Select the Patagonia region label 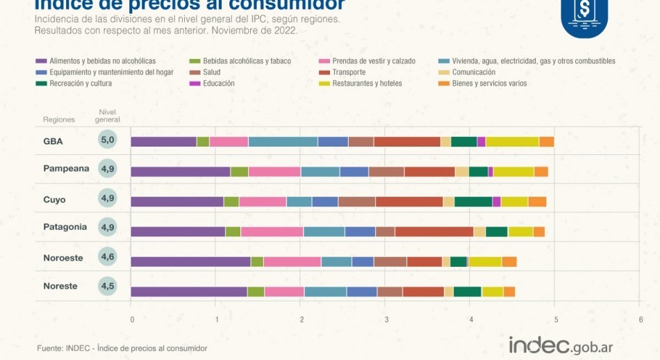[65, 227]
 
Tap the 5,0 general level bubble [108, 140]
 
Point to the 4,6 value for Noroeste [108, 257]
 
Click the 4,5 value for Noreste [108, 286]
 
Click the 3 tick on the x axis [386, 320]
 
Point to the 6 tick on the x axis [641, 320]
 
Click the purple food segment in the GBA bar [163, 142]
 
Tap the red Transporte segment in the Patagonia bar [434, 232]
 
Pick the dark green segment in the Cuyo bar [473, 202]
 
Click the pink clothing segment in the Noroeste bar [292, 261]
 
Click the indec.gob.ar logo [561, 345]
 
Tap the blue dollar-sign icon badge [584, 15]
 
